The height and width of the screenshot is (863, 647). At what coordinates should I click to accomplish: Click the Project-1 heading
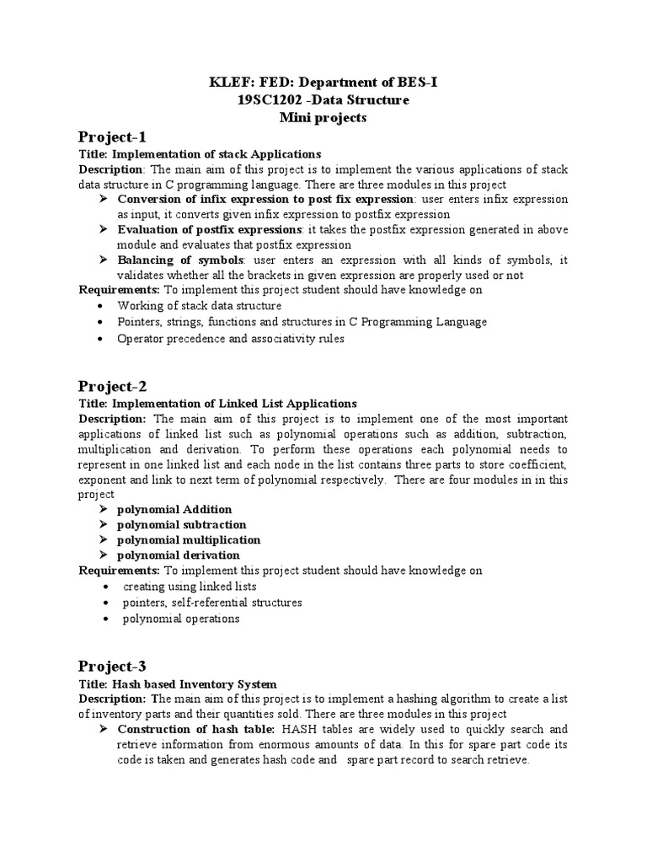113,137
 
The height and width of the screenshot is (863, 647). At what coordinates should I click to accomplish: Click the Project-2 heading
113,387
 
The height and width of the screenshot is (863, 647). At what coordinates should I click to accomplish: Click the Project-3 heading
113,667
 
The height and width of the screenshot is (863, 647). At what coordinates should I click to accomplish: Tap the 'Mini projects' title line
323,118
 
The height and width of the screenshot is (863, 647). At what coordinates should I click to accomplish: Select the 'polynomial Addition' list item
174,510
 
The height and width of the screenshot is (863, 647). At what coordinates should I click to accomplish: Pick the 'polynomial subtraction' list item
181,525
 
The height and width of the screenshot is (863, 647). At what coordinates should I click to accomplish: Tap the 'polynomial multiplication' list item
189,540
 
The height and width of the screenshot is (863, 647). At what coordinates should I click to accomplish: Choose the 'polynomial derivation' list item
178,555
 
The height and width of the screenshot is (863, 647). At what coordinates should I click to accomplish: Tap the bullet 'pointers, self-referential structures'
211,603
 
